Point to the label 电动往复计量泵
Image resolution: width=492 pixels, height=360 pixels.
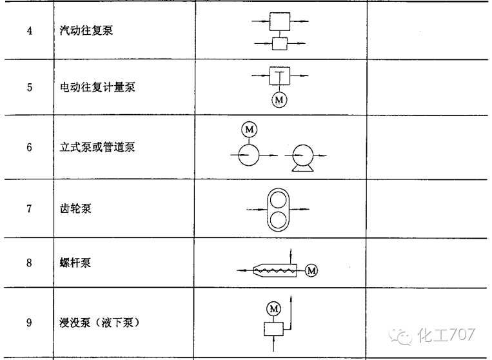click(x=93, y=87)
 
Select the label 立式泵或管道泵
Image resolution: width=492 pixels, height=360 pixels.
click(x=93, y=147)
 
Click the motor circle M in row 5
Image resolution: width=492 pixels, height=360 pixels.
click(x=280, y=100)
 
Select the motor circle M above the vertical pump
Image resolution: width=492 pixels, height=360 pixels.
click(x=249, y=130)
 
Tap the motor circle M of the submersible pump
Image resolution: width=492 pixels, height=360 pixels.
click(x=274, y=308)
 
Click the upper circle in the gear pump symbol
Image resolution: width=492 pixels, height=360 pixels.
click(x=279, y=198)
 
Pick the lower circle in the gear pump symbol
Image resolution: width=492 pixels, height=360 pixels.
click(x=279, y=220)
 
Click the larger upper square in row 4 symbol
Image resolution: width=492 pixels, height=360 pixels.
click(x=280, y=22)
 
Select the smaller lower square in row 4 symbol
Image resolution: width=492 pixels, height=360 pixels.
click(x=280, y=44)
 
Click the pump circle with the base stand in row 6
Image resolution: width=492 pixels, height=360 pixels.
click(x=302, y=155)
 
